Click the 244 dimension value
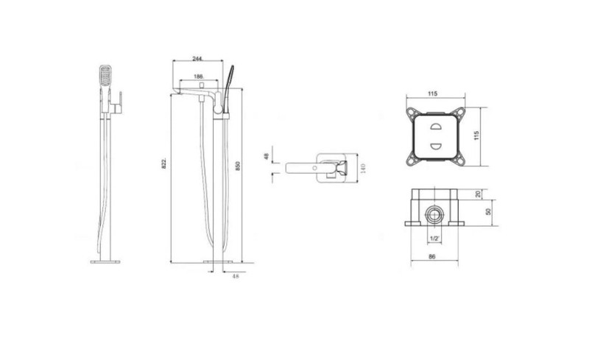[197, 58]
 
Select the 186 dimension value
[199, 77]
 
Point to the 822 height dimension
[164, 163]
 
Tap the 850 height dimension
[237, 166]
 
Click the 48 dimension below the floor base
[236, 276]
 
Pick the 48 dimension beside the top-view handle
[267, 156]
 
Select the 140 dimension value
[363, 168]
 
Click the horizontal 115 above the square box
[432, 93]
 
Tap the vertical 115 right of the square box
[476, 135]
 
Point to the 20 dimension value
[478, 194]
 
